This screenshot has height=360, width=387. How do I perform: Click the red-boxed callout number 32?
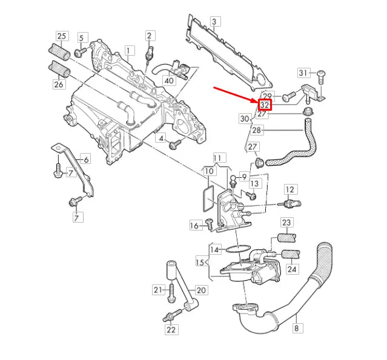pyautogui.click(x=266, y=105)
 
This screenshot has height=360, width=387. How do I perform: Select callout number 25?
pyautogui.click(x=62, y=36)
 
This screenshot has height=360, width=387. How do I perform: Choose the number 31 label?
pyautogui.click(x=304, y=73)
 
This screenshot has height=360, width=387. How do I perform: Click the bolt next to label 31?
pyautogui.click(x=321, y=74)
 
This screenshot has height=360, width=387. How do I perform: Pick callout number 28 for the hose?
pyautogui.click(x=257, y=130)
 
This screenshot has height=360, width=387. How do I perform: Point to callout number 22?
pyautogui.click(x=171, y=329)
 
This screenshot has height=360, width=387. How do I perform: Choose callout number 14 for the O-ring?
pyautogui.click(x=214, y=249)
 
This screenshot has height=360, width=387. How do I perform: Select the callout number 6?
pyautogui.click(x=85, y=159)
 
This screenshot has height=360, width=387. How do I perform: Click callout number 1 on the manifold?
pyautogui.click(x=128, y=49)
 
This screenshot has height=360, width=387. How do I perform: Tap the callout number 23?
pyautogui.click(x=286, y=223)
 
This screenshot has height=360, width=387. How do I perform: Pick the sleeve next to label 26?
pyautogui.click(x=61, y=71)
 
